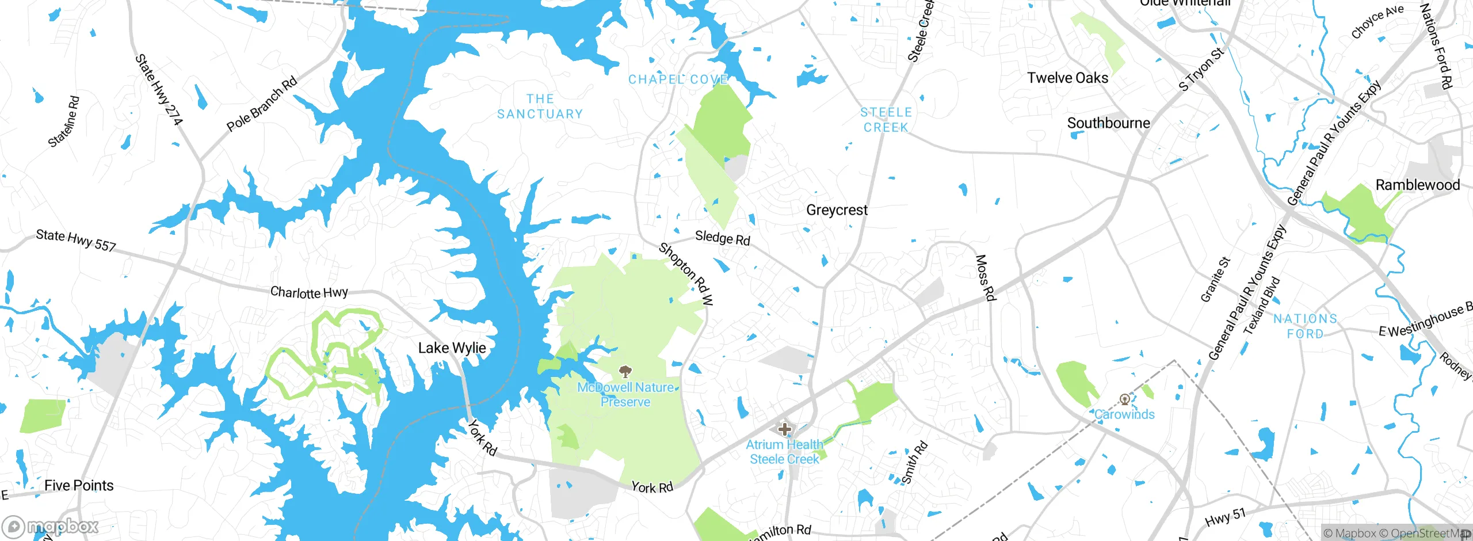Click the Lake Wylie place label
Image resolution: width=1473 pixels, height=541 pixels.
[452, 348]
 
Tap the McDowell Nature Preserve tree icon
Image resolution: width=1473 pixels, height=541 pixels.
[625, 371]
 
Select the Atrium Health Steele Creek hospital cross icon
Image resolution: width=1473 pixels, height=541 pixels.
[784, 429]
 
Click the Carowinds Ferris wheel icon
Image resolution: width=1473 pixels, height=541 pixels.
[1124, 399]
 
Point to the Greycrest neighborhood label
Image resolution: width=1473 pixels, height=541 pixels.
[837, 210]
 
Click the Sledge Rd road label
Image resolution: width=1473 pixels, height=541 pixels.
[723, 238]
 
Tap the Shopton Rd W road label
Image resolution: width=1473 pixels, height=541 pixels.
[686, 273]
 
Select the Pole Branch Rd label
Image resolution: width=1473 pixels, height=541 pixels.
[262, 104]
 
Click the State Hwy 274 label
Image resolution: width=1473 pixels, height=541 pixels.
[158, 90]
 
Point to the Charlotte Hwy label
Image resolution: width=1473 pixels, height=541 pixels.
[309, 292]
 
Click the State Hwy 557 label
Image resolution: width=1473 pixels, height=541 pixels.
[76, 241]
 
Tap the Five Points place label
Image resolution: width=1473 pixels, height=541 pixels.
[79, 486]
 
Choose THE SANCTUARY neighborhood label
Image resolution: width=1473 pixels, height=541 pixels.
[540, 107]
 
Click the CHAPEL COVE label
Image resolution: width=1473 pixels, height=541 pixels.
[678, 79]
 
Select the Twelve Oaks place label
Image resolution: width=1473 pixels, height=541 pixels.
[1067, 78]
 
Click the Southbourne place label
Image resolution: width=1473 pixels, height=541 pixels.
[1108, 123]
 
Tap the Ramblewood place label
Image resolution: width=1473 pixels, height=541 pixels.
[1417, 185]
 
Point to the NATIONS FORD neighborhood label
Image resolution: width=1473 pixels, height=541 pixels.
[1305, 326]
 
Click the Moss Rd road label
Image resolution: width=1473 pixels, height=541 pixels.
[985, 278]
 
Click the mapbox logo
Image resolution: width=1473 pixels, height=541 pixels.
[51, 526]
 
